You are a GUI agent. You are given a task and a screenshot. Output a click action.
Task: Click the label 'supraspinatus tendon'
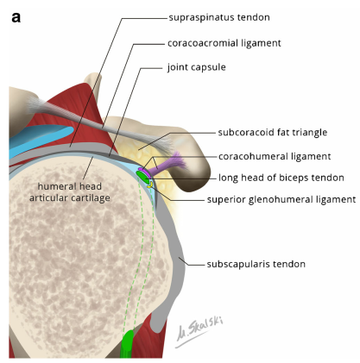tap(219, 17)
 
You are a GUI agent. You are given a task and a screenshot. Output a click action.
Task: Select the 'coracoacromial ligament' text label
tap(224, 43)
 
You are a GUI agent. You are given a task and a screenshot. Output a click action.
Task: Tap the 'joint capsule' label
tap(197, 67)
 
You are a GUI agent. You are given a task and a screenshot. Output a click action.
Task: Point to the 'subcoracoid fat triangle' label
tap(273, 133)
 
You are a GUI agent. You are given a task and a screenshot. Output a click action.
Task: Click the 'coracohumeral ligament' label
tap(275, 156)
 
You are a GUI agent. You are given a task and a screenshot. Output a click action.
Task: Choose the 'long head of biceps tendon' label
tap(281, 178)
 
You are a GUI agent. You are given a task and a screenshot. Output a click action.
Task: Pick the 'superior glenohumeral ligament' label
tap(281, 199)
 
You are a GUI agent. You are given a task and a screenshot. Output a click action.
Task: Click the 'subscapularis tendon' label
tap(256, 264)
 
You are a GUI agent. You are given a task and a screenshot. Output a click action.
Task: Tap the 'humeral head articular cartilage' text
tap(70, 192)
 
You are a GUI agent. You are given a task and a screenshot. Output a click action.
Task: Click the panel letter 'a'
tap(16, 18)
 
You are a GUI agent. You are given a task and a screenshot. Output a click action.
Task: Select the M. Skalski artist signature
tap(199, 332)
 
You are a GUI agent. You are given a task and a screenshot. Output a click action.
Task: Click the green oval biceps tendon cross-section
tap(142, 176)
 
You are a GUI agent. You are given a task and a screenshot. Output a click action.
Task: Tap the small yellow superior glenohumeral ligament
tap(149, 185)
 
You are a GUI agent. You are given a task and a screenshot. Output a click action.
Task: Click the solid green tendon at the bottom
tap(127, 344)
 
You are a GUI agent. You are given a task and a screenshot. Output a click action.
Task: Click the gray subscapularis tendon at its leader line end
tap(180, 259)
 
